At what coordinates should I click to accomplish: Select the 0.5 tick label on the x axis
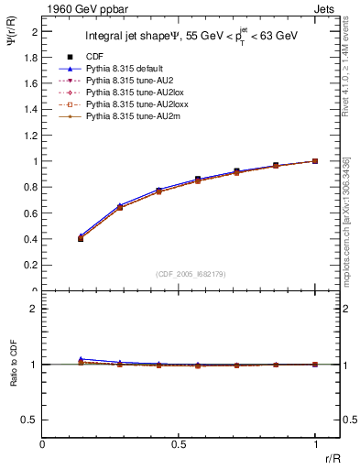(179, 443)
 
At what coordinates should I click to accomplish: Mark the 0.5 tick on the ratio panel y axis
(32, 420)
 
